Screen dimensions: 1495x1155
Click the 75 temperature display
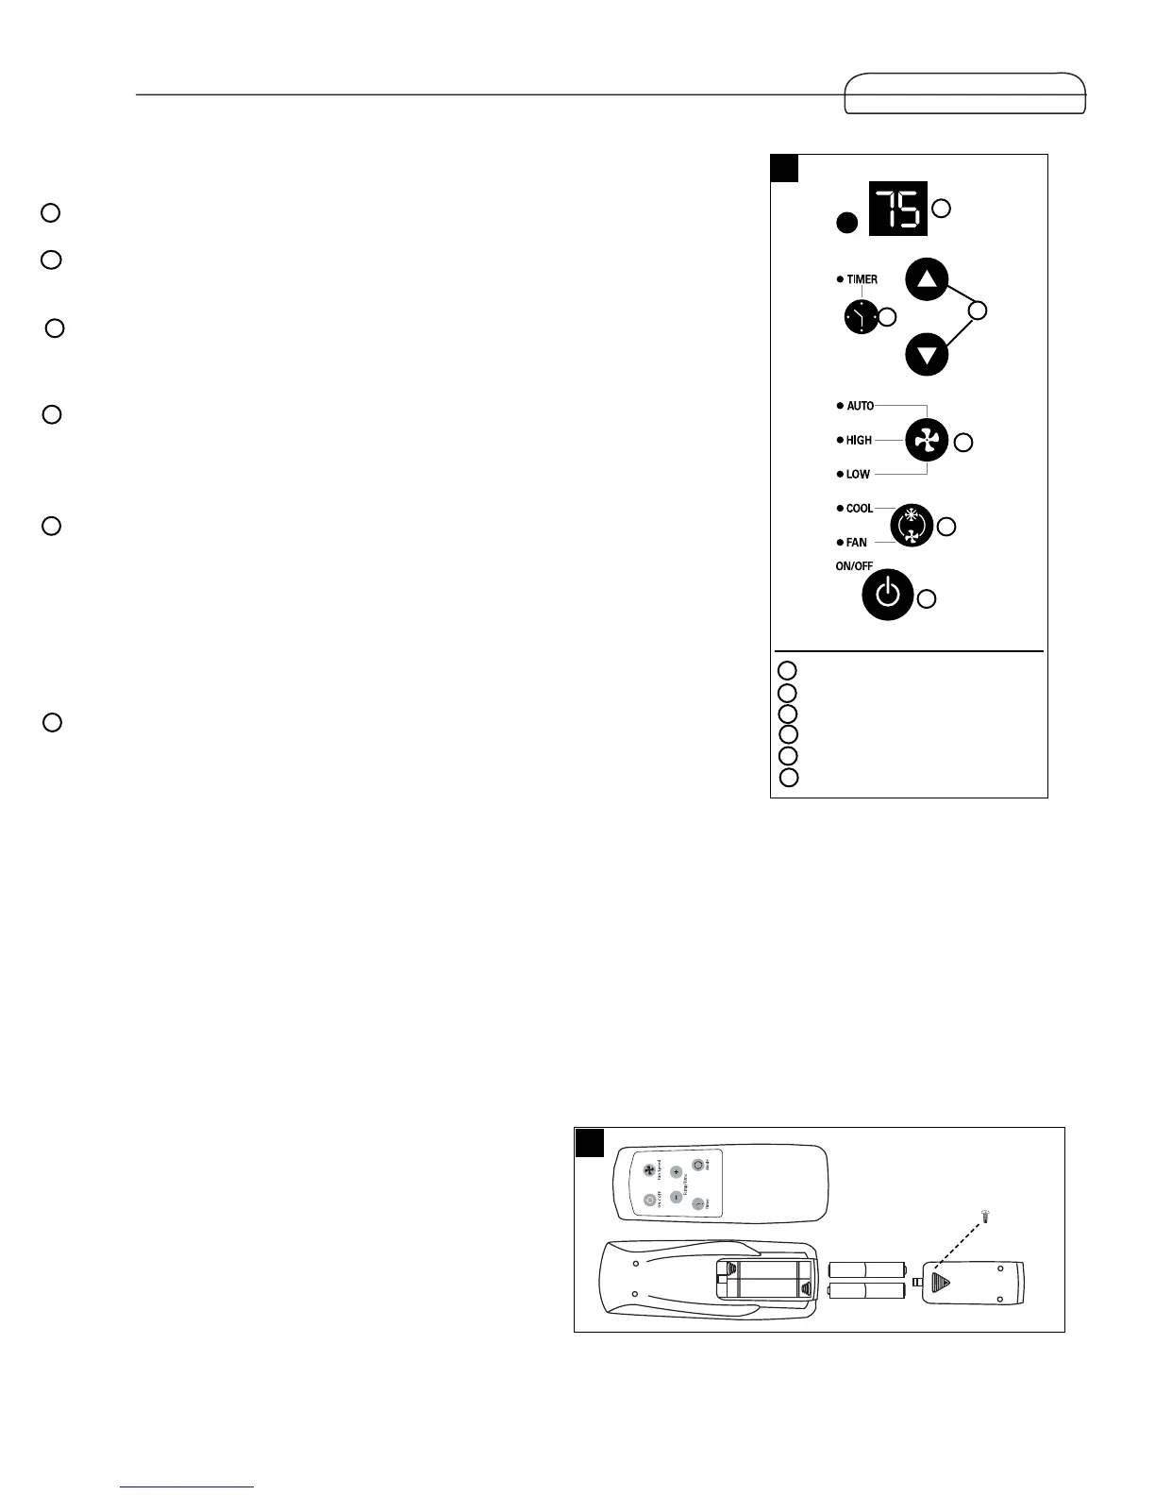(898, 208)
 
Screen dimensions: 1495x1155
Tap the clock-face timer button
(861, 318)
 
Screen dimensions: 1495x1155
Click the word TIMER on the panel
(862, 279)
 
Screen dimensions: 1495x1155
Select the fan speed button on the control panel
(927, 440)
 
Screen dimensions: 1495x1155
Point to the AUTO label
(860, 406)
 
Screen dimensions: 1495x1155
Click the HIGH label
(859, 440)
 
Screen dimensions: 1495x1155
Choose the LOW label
(858, 474)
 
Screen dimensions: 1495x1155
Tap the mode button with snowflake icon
(912, 526)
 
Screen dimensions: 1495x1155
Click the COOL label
(859, 509)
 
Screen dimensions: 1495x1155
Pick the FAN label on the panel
(856, 543)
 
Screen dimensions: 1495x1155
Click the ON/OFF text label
(853, 566)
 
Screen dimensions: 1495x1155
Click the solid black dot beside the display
(847, 223)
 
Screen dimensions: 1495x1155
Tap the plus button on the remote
(676, 1171)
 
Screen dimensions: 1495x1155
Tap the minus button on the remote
(676, 1198)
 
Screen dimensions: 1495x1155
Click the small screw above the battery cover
(985, 1218)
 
